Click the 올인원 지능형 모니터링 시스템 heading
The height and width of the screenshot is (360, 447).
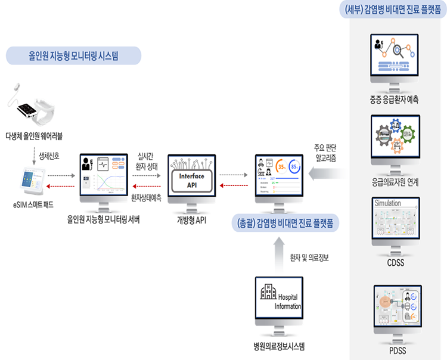pyautogui.click(x=73, y=56)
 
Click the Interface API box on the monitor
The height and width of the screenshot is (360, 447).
pyautogui.click(x=191, y=181)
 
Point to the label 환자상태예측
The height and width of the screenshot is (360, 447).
pyautogui.click(x=145, y=195)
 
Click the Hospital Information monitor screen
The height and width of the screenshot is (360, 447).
pyautogui.click(x=280, y=296)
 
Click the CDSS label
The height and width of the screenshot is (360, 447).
pyautogui.click(x=395, y=262)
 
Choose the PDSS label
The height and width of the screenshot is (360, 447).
pyautogui.click(x=395, y=352)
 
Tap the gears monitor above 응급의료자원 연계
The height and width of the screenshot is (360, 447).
pyautogui.click(x=395, y=138)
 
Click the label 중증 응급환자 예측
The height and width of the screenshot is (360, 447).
pyautogui.click(x=395, y=98)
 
